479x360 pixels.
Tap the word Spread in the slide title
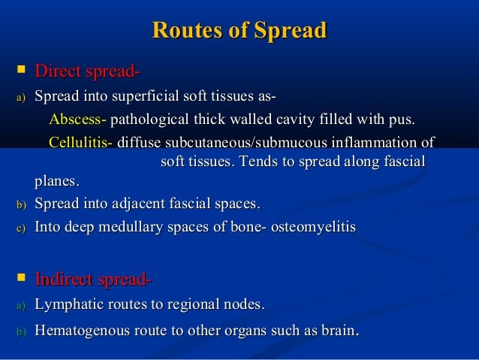[x=291, y=31]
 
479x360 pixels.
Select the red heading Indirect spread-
[x=94, y=280]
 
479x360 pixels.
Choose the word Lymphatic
[x=68, y=304]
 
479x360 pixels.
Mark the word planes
[x=57, y=181]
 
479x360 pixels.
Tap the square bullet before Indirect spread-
[x=20, y=280]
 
